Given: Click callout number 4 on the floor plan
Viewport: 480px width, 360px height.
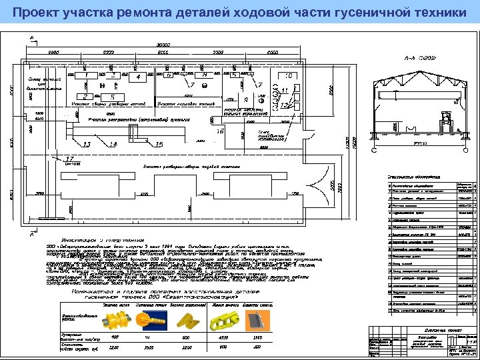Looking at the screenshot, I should [x=137, y=77].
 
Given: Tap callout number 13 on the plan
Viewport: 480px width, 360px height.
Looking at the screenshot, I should [x=87, y=144].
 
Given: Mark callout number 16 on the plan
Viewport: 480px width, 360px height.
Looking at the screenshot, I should [x=220, y=131].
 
